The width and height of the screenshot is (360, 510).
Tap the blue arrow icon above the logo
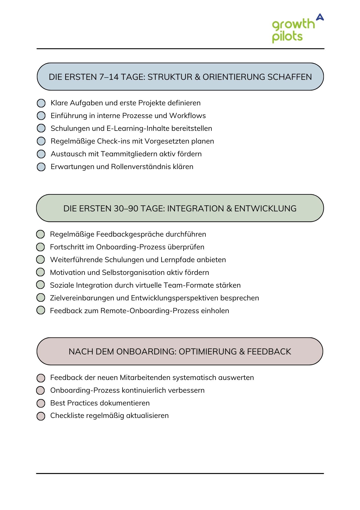coord(320,17)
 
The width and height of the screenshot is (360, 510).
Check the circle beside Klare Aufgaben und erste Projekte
coord(41,103)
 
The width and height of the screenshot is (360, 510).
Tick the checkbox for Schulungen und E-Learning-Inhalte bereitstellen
coord(41,128)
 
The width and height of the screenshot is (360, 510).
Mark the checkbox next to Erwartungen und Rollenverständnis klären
coord(41,167)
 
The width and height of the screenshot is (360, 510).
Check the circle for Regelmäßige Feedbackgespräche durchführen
coord(40,234)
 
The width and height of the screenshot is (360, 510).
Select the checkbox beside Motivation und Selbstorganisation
coord(40,272)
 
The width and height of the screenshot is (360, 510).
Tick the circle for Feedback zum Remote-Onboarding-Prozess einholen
coord(40,311)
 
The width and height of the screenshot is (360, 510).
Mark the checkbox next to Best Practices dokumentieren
coord(41,403)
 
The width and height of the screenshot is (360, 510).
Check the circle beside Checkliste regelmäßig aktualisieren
coord(41,416)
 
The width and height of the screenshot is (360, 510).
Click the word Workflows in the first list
coord(187,116)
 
